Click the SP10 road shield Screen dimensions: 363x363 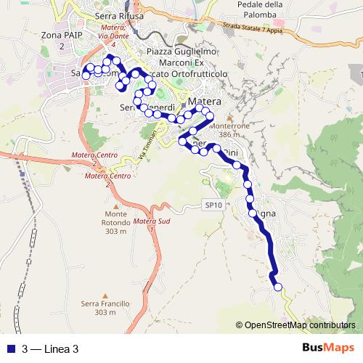click(213, 206)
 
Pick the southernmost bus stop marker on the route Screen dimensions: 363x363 click(277, 287)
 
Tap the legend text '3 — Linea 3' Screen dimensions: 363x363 click(50, 349)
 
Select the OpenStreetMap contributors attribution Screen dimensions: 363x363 click(299, 325)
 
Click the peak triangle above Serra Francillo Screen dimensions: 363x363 click(105, 296)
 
